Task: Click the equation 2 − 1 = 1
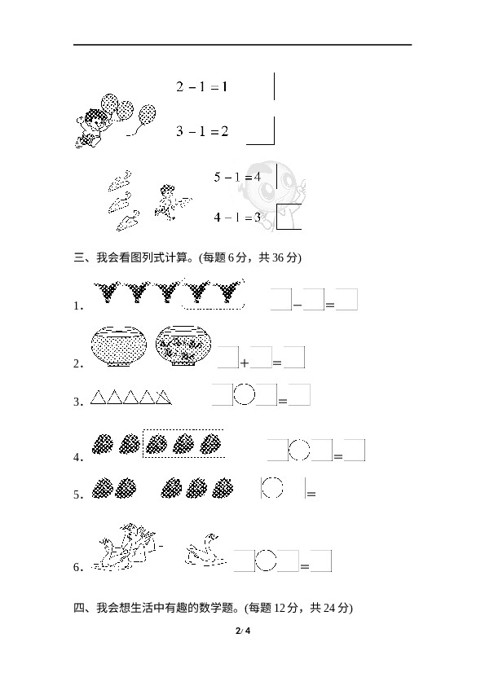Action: (202, 86)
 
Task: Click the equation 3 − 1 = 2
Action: (202, 131)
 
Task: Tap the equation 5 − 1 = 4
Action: (237, 177)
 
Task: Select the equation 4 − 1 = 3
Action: (237, 217)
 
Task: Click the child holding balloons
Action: (91, 128)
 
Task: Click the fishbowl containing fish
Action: (183, 345)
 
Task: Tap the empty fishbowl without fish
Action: (119, 345)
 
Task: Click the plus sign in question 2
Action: (245, 363)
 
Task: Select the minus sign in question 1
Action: (298, 305)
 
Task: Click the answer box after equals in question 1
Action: (346, 300)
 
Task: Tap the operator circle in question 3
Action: (245, 394)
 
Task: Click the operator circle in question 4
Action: (299, 450)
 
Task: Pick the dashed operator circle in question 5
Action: (272, 487)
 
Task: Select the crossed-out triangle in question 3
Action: (164, 397)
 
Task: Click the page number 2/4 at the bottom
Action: (243, 631)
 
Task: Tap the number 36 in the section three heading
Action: (278, 257)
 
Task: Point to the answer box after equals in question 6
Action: (321, 561)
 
